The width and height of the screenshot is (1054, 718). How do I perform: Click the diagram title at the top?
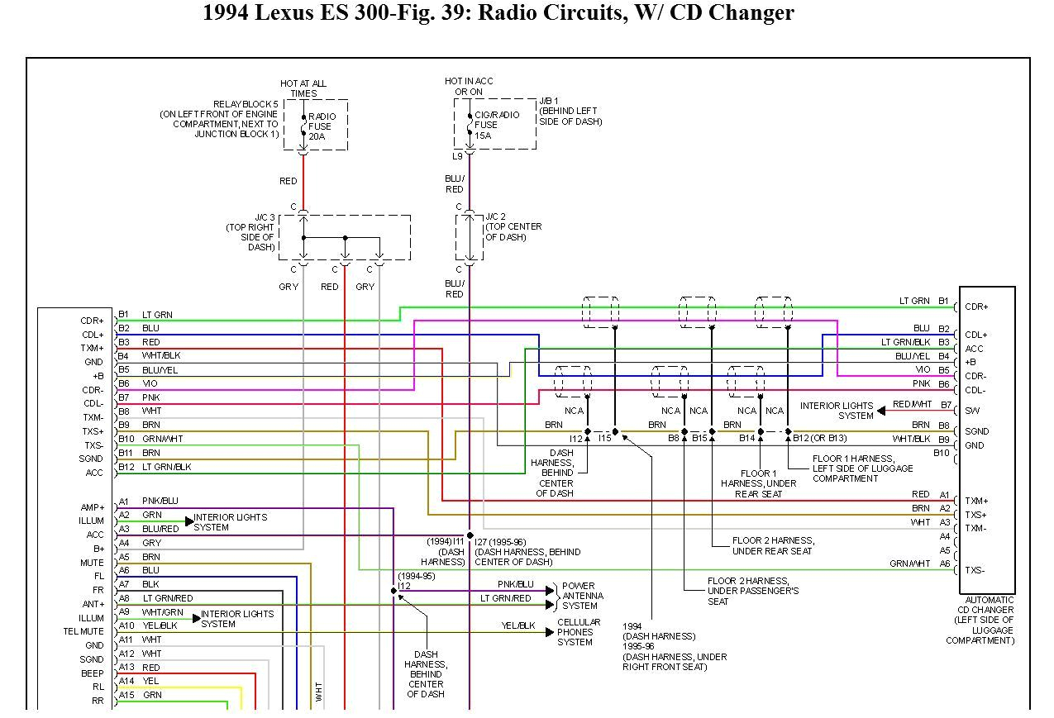(x=498, y=13)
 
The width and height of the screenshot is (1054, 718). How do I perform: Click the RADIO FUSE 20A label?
(x=321, y=126)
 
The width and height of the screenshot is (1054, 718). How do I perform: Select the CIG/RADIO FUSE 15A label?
(x=496, y=125)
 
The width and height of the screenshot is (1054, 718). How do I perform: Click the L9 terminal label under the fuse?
(x=457, y=156)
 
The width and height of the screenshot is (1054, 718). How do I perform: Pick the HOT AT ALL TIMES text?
(x=303, y=88)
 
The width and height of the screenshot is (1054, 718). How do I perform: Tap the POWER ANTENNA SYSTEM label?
(x=582, y=596)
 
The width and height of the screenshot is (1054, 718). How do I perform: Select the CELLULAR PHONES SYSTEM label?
(x=579, y=632)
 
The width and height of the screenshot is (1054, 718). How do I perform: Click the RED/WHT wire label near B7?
(x=912, y=405)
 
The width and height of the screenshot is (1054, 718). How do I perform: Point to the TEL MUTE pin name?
(x=83, y=632)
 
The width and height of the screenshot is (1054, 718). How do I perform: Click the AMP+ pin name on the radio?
(x=93, y=507)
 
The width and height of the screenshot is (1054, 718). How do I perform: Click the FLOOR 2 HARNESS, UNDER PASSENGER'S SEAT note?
(x=752, y=592)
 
